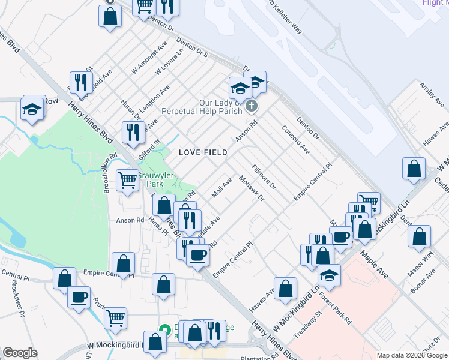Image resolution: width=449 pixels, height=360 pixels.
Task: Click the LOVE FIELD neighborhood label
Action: coord(203,152)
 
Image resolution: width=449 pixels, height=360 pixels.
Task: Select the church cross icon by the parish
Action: coord(252,107)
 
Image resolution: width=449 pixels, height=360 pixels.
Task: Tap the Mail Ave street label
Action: coord(222,188)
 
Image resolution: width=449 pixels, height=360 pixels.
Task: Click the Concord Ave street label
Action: coord(295,140)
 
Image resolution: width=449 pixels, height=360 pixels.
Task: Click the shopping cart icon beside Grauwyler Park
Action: coord(127,179)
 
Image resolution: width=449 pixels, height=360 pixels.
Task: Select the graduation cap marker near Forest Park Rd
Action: coord(329,275)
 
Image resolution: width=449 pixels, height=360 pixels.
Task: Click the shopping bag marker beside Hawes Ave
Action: coord(286,287)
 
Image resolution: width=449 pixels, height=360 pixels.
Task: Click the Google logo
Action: coord(20,353)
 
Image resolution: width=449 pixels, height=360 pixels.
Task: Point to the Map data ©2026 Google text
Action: coord(412,355)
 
